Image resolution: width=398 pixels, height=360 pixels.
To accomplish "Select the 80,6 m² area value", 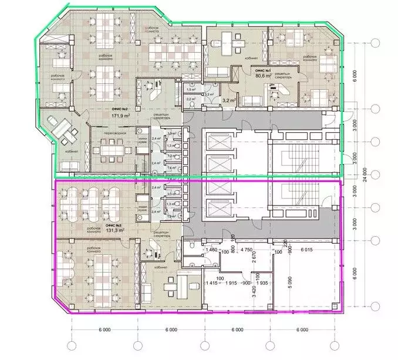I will pyautogui.click(x=261, y=75).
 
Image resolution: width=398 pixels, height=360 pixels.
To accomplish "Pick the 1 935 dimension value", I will pyautogui.click(x=262, y=283).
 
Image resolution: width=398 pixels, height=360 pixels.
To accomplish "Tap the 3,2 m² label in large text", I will pyautogui.click(x=225, y=101).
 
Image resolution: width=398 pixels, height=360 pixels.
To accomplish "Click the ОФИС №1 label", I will pyautogui.click(x=261, y=69).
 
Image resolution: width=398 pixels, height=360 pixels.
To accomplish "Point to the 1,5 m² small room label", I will pyautogui.click(x=191, y=89).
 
